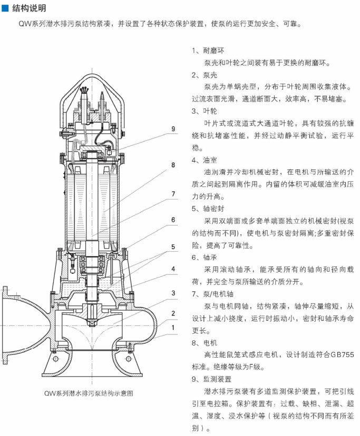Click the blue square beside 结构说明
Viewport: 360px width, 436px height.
point(6,8)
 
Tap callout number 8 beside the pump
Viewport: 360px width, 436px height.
point(173,165)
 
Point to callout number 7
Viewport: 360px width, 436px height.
point(173,194)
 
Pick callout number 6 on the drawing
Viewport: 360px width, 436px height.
point(173,220)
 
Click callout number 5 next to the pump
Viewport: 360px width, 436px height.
point(173,246)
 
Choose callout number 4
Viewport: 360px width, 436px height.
point(173,269)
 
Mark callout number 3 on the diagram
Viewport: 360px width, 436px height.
point(173,293)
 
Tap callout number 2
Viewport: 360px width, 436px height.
point(173,313)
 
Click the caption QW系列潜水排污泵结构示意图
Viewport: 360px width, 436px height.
point(89,393)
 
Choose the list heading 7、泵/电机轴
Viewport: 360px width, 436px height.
point(213,294)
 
